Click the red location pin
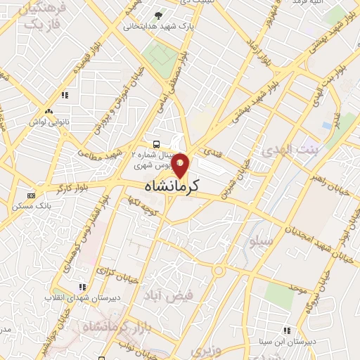[181, 166]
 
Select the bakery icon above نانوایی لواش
[49, 111]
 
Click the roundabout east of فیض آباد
[219, 271]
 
